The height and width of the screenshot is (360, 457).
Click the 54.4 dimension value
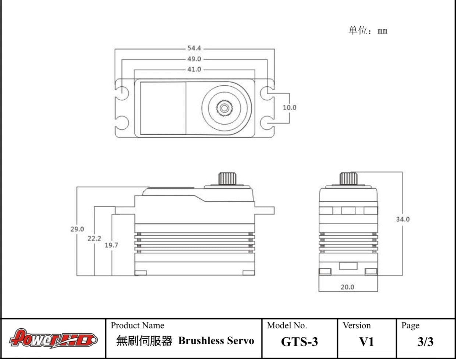[194, 48]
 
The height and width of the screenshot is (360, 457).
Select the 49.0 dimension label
[194, 59]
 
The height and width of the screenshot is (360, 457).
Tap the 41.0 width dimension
[194, 69]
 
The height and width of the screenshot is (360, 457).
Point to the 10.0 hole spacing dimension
[289, 107]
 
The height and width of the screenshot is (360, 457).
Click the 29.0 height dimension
[77, 229]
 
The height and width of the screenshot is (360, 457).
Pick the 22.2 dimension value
[94, 238]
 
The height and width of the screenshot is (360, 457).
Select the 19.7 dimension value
[111, 245]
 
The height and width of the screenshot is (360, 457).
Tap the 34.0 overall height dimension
[403, 219]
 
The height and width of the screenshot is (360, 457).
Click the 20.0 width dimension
[347, 287]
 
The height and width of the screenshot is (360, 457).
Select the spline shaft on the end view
[348, 178]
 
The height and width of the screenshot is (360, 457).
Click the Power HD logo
[54, 338]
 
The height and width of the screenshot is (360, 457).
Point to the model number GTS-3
[299, 342]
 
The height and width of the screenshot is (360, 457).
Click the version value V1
[366, 342]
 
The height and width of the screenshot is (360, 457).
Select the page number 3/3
[425, 342]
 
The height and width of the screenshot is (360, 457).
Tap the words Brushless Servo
[216, 341]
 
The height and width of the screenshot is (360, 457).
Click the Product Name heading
[138, 325]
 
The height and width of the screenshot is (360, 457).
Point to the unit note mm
[383, 31]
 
